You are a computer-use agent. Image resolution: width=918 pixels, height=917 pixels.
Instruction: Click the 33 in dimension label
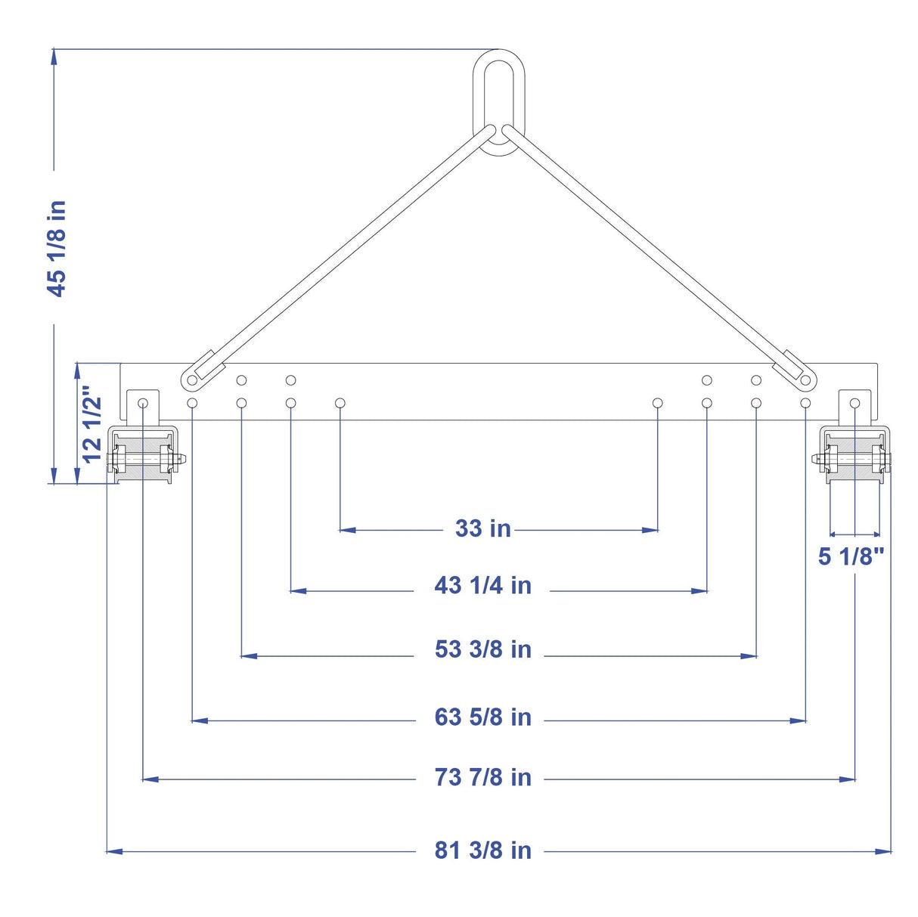[x=482, y=528]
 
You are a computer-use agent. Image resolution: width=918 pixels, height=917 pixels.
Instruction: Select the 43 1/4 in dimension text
[x=482, y=585]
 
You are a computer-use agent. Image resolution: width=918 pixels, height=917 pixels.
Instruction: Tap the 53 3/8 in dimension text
[x=482, y=649]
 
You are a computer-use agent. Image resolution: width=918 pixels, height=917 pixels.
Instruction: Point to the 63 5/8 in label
[x=482, y=717]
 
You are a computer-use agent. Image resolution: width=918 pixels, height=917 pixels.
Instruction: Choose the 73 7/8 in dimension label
[x=482, y=777]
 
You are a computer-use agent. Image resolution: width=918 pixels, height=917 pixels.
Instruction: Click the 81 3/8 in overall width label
[x=482, y=850]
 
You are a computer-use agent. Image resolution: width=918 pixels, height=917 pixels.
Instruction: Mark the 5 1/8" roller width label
[x=851, y=556]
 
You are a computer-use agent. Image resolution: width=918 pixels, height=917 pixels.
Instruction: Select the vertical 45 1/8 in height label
[x=56, y=249]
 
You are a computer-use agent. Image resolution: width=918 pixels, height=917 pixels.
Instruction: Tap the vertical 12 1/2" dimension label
[x=92, y=423]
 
